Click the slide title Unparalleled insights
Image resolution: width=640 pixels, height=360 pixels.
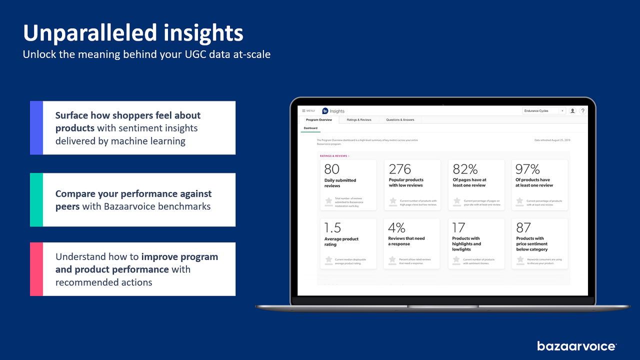133,33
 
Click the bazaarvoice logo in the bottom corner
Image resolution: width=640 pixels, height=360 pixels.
576,346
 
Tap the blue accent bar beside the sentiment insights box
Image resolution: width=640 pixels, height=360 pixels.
36,128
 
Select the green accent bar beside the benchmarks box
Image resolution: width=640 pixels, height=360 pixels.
36,200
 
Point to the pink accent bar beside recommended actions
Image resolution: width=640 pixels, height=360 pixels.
36,269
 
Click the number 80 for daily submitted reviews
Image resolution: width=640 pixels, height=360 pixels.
331,169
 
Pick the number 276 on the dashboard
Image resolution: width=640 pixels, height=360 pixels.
400,169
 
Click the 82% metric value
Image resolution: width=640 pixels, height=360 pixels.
465,169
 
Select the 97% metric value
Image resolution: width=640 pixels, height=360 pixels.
527,169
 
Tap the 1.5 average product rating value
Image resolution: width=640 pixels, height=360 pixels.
332,228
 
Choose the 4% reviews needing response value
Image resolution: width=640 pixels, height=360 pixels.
396,228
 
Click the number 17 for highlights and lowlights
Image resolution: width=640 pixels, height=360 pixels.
458,228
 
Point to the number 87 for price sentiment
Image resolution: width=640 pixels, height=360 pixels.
523,228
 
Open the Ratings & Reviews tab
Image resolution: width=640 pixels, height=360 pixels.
359,120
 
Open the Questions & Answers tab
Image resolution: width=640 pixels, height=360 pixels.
400,120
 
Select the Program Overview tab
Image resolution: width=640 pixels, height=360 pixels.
319,120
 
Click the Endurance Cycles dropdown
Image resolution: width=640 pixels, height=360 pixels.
544,111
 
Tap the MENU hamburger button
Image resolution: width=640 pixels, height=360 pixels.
308,111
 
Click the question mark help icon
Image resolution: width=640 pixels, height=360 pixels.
582,111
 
